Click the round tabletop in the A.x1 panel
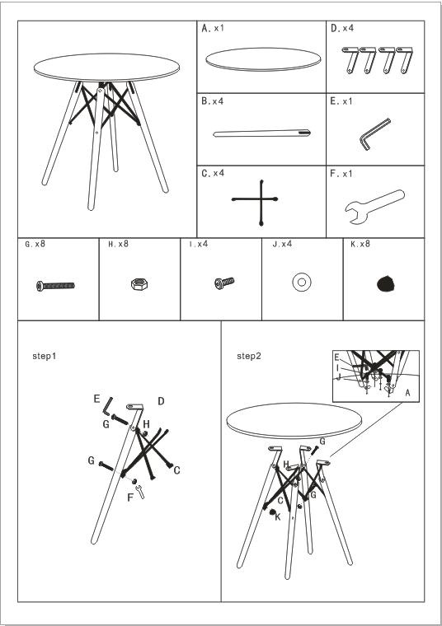(263, 59)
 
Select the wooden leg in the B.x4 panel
(261, 133)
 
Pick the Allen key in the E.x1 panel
(374, 134)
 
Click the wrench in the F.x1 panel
(374, 206)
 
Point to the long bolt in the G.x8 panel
(55, 286)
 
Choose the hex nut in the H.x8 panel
(139, 284)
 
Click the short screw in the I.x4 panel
(224, 283)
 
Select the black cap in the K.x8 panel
(386, 283)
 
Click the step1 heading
(45, 356)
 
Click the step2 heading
(248, 356)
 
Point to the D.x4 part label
(342, 28)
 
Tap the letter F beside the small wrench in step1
(130, 498)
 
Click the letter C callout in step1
(176, 470)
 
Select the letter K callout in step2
(278, 517)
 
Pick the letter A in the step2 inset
(407, 393)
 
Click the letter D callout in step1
(161, 401)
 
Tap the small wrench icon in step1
(140, 492)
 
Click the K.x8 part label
(360, 244)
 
